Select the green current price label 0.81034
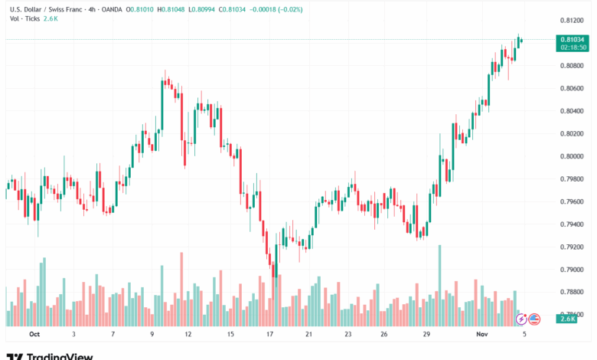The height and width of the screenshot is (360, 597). click(573, 39)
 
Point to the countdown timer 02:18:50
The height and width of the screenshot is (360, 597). click(573, 47)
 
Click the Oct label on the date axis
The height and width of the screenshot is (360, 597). click(34, 334)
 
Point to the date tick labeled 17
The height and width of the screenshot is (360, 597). click(270, 334)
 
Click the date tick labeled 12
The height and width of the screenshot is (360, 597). click(188, 334)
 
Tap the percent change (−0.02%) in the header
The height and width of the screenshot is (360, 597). click(288, 9)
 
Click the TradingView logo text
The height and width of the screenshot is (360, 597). click(60, 355)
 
